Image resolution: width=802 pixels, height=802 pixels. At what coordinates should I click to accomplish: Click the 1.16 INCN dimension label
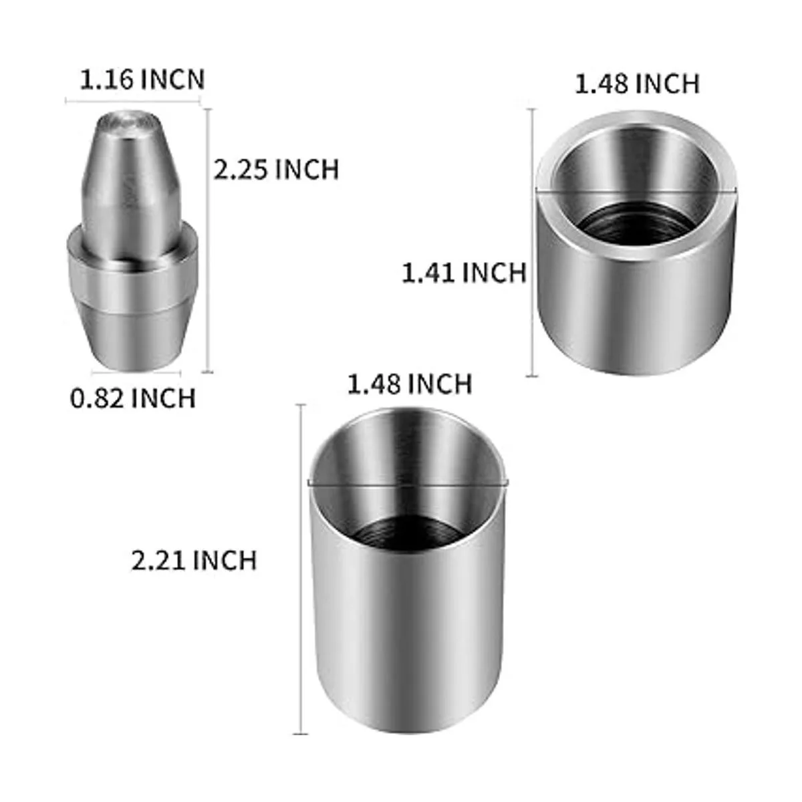142,80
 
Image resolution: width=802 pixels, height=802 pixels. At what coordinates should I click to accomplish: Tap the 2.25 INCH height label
276,169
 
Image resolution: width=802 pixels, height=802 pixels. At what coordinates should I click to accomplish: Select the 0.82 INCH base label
133,398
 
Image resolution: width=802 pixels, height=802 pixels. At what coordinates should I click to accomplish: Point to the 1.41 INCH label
464,273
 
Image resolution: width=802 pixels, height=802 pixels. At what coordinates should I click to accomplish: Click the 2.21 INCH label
194,559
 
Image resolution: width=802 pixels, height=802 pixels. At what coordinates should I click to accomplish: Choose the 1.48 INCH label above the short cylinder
637,84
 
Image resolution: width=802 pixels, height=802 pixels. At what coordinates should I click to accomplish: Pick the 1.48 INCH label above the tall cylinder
410,384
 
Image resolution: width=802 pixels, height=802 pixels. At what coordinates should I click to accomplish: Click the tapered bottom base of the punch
134,338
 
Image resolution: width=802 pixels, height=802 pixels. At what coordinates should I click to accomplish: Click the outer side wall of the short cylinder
635,314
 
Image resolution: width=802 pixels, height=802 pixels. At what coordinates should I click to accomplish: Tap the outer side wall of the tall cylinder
408,635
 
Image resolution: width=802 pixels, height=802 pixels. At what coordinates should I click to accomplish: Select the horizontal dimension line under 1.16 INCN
134,102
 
